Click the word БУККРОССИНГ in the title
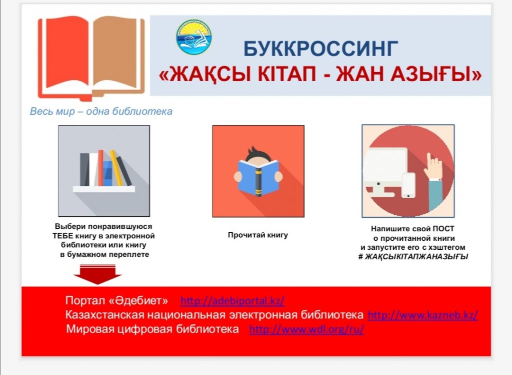(320, 49)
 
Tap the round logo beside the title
(194, 37)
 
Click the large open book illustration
(92, 58)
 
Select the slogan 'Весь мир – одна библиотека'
(101, 112)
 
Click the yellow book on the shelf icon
(116, 168)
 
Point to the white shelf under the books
(104, 189)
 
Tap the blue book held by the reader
(258, 178)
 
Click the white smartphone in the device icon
(408, 185)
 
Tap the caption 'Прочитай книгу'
(258, 235)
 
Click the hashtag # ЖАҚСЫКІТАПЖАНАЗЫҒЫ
(413, 257)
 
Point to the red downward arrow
(97, 274)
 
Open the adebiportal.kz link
(232, 300)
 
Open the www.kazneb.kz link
(423, 315)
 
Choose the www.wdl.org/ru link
(306, 329)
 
